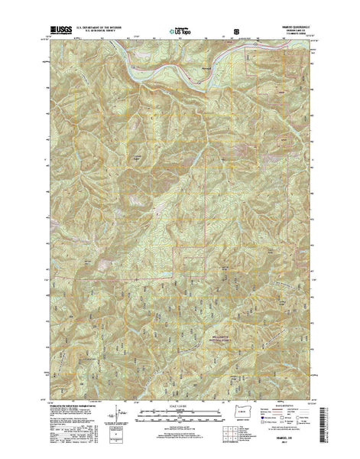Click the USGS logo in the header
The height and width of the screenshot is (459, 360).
point(55,33)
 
